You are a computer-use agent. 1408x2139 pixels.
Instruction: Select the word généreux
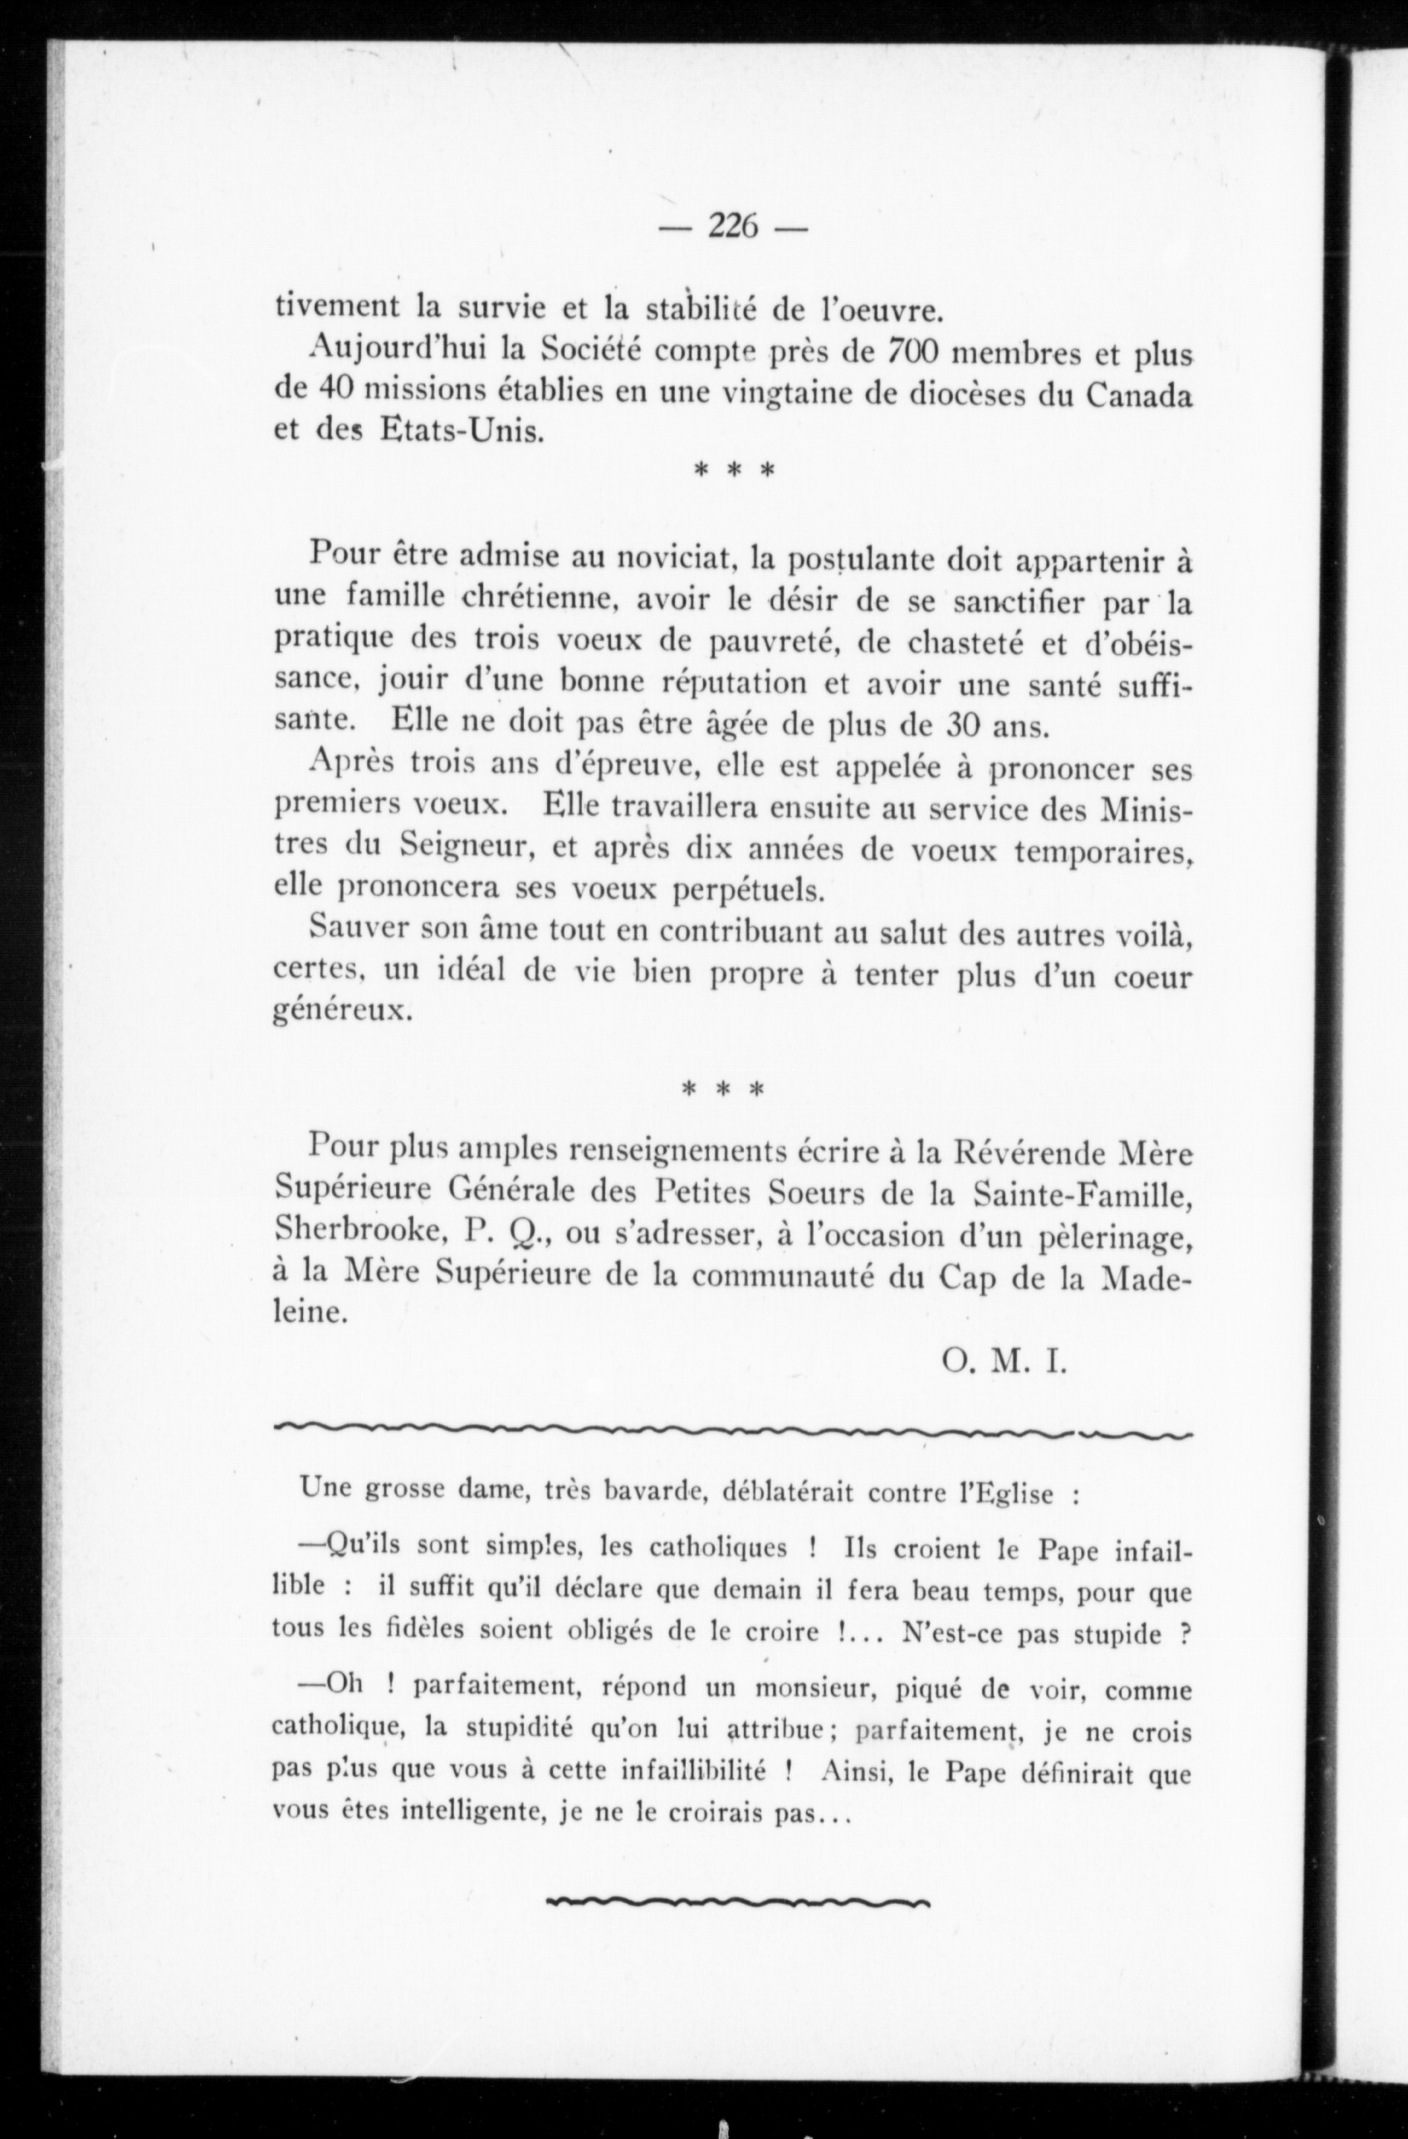click(x=342, y=1013)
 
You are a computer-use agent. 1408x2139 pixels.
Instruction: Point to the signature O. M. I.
click(x=1003, y=1363)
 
